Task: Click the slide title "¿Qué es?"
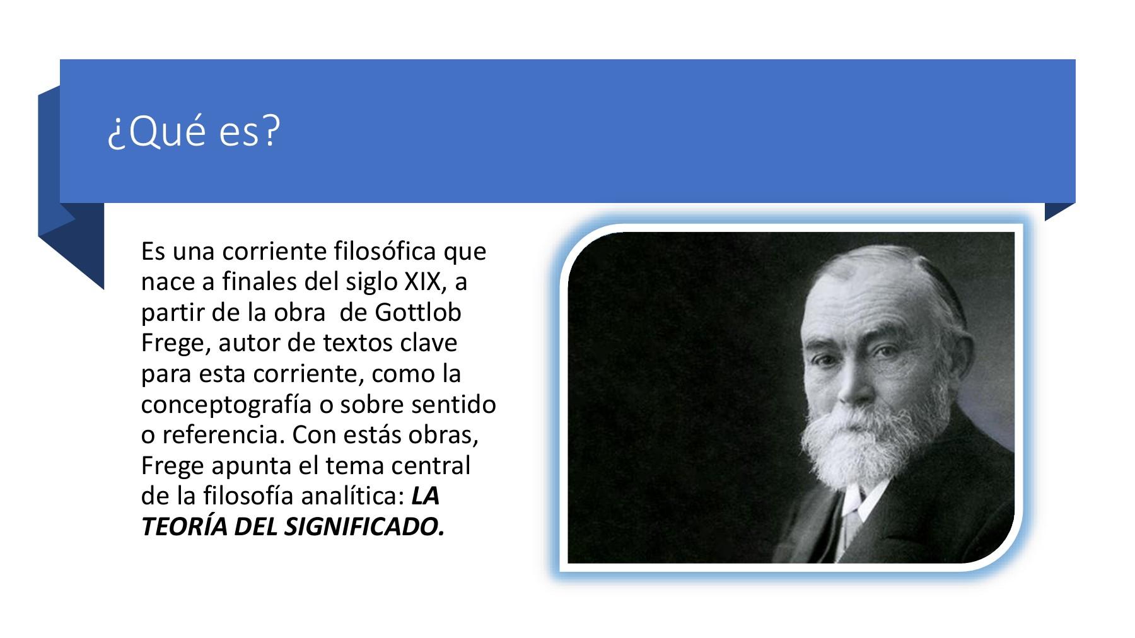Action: tap(193, 132)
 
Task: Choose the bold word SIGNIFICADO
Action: tap(364, 527)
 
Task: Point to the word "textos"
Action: tap(358, 343)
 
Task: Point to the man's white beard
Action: tap(848, 454)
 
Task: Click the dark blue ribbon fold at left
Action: tap(71, 246)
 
